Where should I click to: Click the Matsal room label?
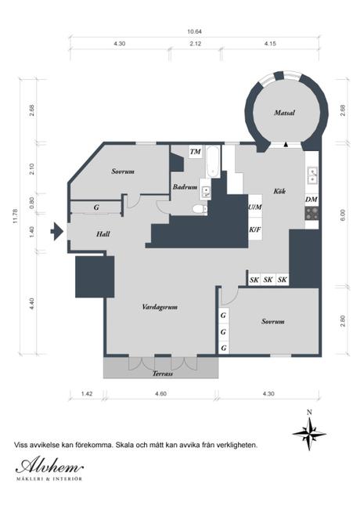pyautogui.click(x=284, y=113)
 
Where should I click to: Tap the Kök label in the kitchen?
pyautogui.click(x=279, y=191)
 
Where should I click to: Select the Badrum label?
pyautogui.click(x=185, y=187)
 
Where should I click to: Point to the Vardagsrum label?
pyautogui.click(x=160, y=307)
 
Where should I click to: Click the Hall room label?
pyautogui.click(x=103, y=234)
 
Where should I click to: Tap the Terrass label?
pyautogui.click(x=163, y=374)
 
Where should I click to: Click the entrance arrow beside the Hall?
pyautogui.click(x=57, y=232)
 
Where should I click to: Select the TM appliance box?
pyautogui.click(x=196, y=152)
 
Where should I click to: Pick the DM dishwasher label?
pyautogui.click(x=311, y=200)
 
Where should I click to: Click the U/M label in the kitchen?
pyautogui.click(x=255, y=207)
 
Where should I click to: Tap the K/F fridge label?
pyautogui.click(x=255, y=229)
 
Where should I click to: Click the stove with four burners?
pyautogui.click(x=311, y=213)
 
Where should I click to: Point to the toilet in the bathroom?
pyautogui.click(x=200, y=209)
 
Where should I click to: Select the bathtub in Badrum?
pyautogui.click(x=213, y=162)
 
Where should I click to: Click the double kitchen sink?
pyautogui.click(x=312, y=175)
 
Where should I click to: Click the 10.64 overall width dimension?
pyautogui.click(x=195, y=32)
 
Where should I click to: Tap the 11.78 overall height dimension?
pyautogui.click(x=15, y=216)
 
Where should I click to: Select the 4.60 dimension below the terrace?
pyautogui.click(x=160, y=394)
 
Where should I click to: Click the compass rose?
pyautogui.click(x=309, y=434)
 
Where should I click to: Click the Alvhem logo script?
pyautogui.click(x=49, y=467)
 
